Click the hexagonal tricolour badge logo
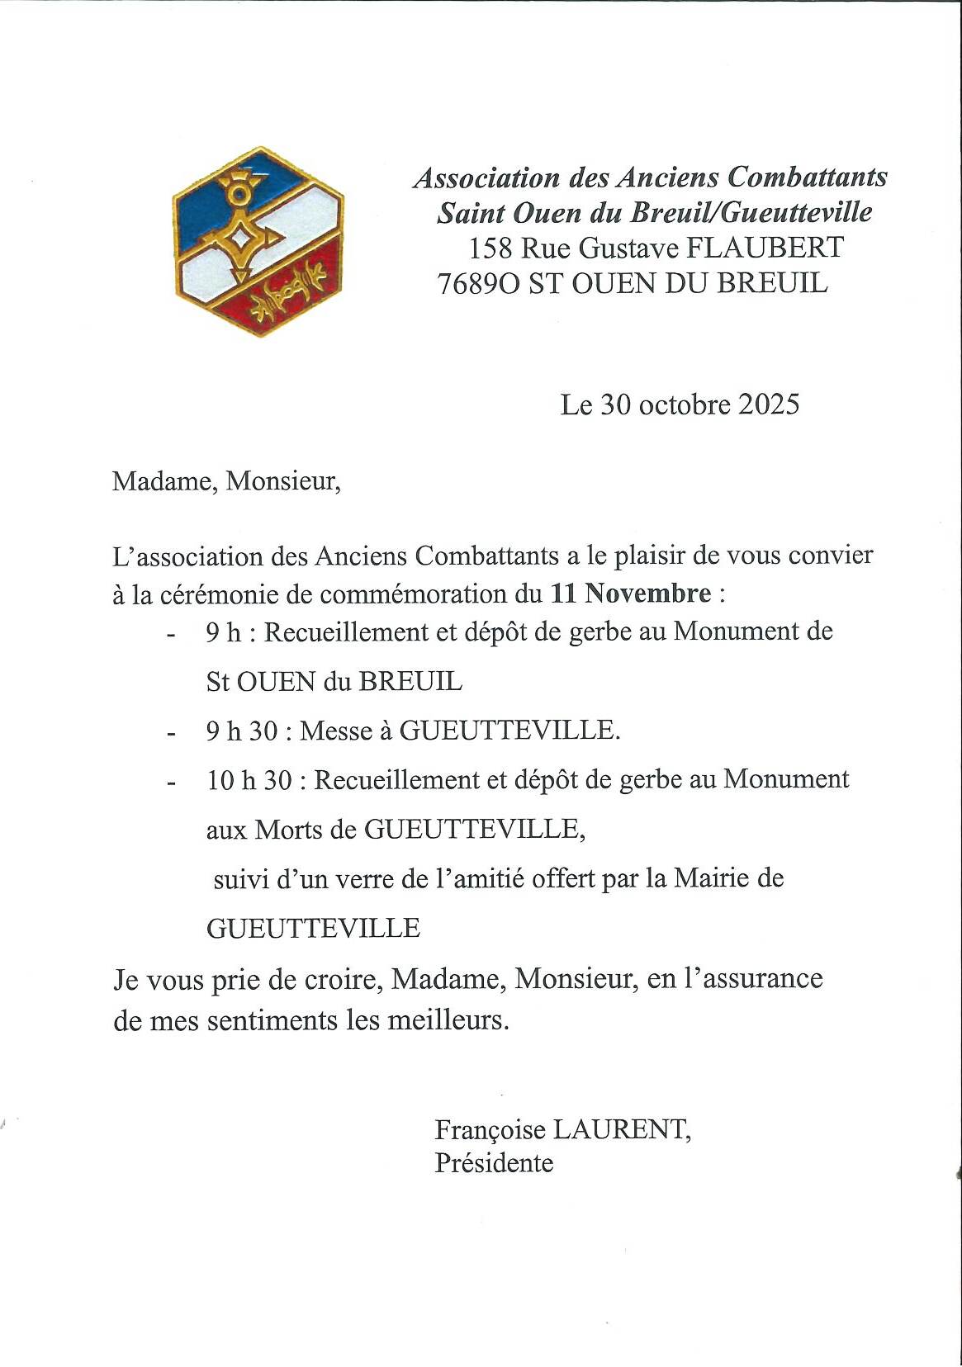[258, 242]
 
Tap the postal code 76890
[479, 284]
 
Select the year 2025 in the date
[769, 404]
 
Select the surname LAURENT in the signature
[620, 1129]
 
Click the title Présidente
[494, 1163]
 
